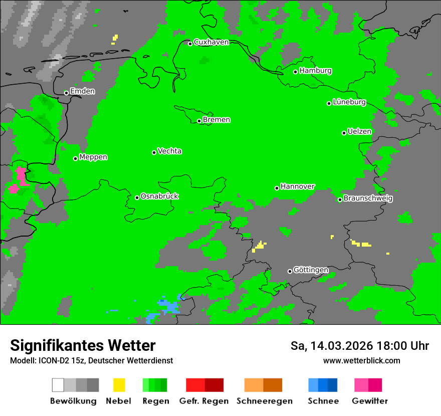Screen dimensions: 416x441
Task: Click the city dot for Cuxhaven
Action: click(190, 44)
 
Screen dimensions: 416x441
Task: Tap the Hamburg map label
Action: click(315, 71)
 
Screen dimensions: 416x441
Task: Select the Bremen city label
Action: click(216, 120)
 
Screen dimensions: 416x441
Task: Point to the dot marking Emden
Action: click(66, 93)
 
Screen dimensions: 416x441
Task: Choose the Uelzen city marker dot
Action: click(344, 133)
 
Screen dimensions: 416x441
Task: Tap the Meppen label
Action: click(93, 157)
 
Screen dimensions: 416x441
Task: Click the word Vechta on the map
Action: click(169, 151)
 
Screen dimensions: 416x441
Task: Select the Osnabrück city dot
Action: click(137, 197)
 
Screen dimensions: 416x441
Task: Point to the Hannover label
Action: click(298, 186)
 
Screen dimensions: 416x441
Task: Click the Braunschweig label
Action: click(368, 198)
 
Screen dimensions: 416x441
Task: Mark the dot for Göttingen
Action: click(290, 271)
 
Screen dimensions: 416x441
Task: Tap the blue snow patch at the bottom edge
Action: click(168, 306)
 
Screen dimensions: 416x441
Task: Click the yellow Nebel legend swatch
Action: click(119, 385)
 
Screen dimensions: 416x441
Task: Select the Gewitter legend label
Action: click(370, 401)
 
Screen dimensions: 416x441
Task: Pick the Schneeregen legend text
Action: click(264, 401)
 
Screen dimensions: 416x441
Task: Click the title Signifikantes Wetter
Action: click(83, 345)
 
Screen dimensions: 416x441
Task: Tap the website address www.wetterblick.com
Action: click(361, 360)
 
